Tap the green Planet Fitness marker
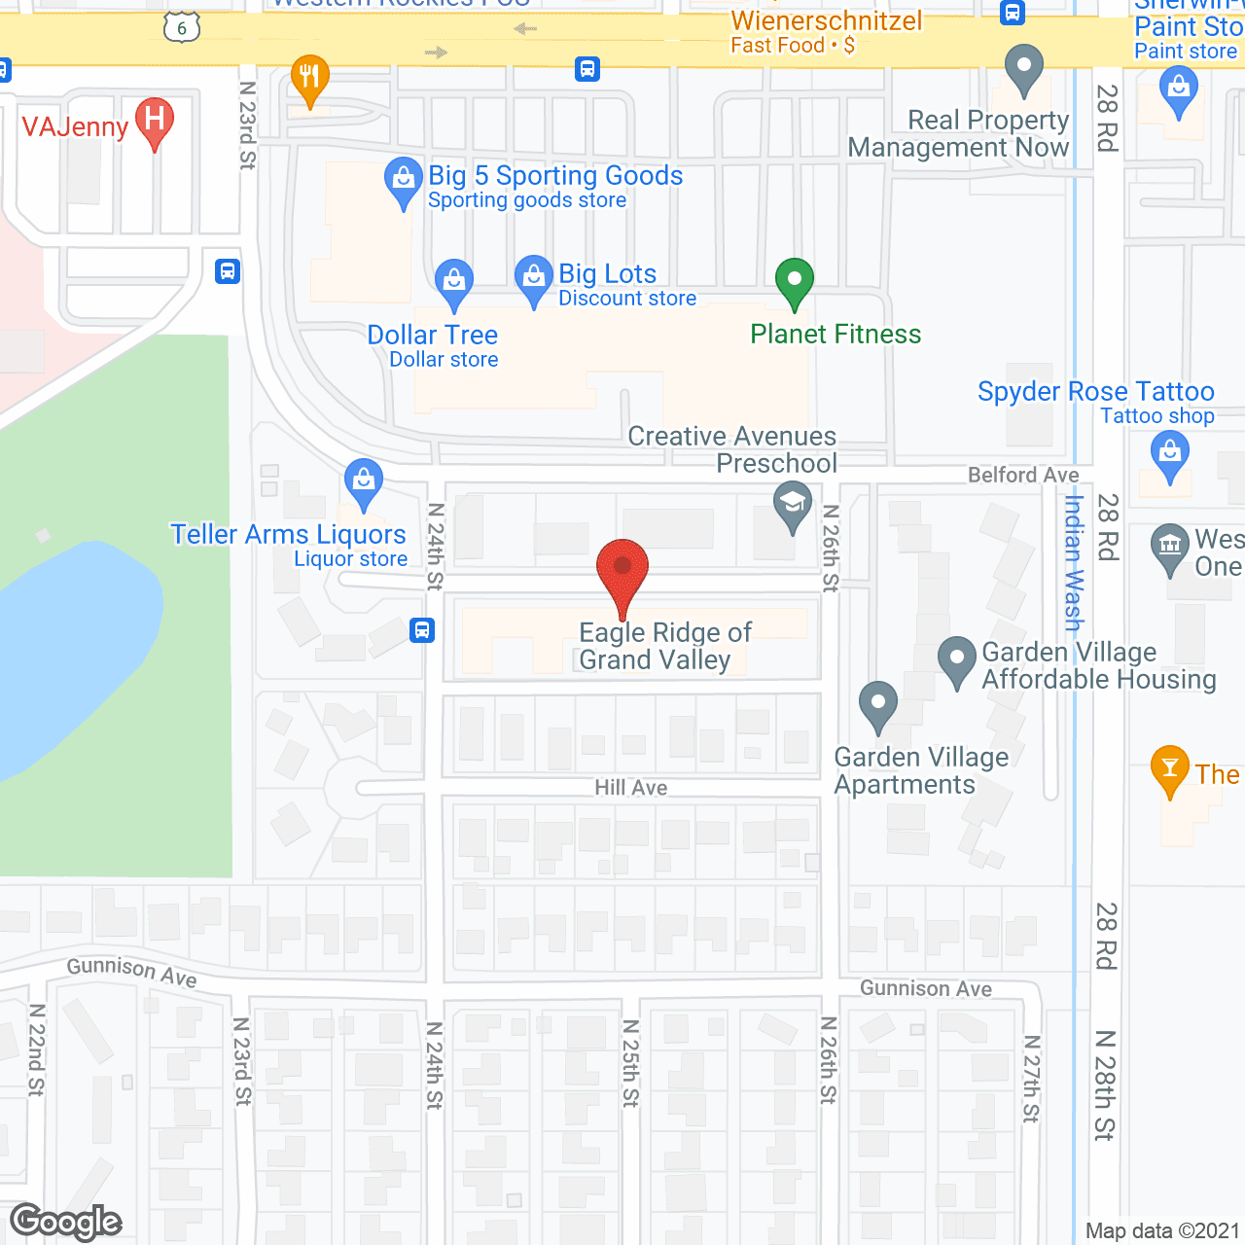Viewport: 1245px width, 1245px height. tap(795, 282)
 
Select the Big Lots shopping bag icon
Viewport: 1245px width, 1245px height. tap(533, 279)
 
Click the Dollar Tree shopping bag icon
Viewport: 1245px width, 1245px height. tap(453, 283)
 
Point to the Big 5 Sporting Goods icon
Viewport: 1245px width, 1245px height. tap(403, 182)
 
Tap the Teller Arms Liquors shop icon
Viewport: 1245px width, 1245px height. tap(364, 482)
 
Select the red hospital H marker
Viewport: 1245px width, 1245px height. tap(154, 123)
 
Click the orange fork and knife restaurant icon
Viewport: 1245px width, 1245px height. tap(309, 77)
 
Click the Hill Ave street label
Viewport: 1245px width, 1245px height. tap(631, 787)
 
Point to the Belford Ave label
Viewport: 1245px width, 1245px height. tap(1023, 475)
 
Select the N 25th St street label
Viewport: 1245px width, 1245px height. tap(630, 1063)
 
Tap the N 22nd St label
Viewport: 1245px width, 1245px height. tap(36, 1049)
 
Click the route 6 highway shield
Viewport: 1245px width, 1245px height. tap(182, 27)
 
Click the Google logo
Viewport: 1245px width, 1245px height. tap(66, 1222)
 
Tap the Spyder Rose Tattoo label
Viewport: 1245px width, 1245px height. tap(1095, 392)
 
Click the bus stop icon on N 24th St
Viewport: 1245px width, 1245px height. tap(422, 630)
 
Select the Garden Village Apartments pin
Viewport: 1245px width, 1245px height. tap(878, 704)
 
